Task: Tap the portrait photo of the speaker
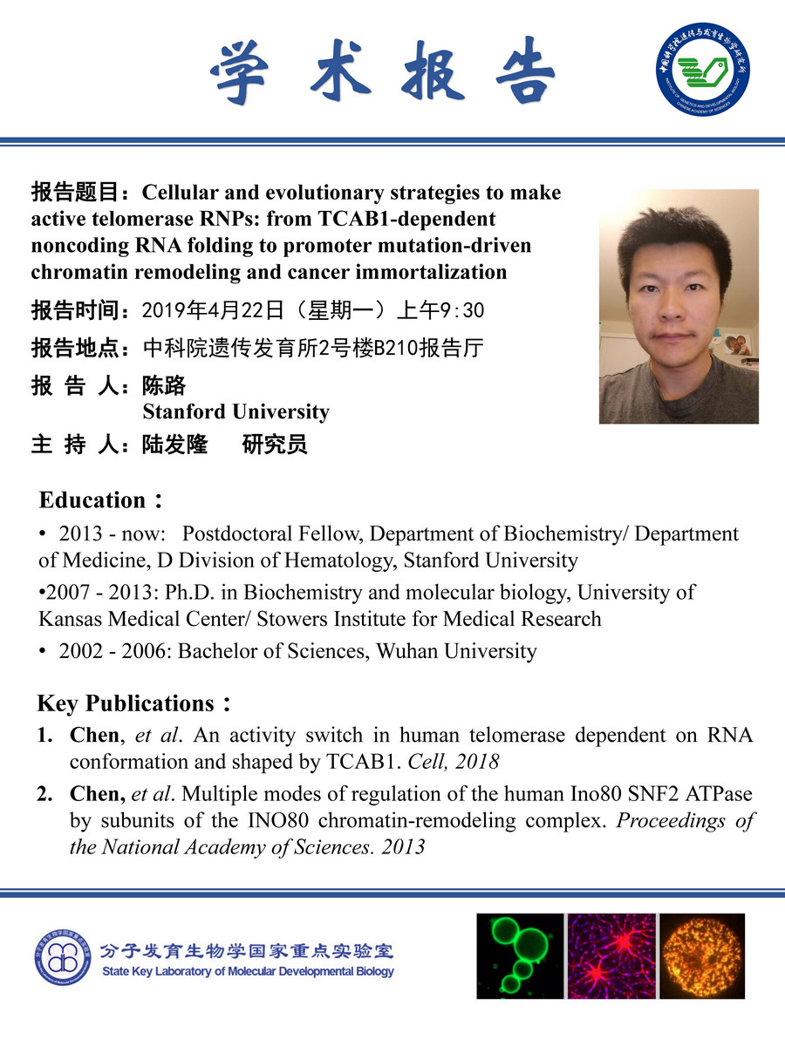679,307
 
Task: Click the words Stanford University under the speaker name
235,411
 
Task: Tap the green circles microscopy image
521,955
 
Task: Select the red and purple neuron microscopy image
611,955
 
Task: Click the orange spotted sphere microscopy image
702,955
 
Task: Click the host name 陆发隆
174,445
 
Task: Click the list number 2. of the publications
45,795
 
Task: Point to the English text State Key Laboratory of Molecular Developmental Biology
248,971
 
